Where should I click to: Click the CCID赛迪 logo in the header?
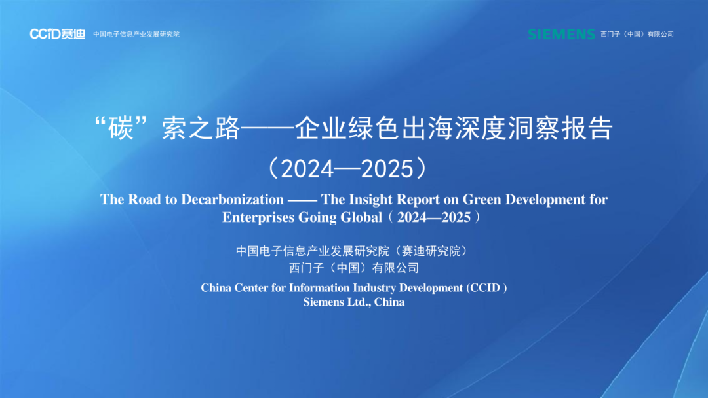pos(57,34)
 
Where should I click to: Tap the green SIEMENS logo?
pos(561,34)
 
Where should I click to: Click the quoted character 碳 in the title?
pos(121,128)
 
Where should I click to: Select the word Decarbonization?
pos(233,199)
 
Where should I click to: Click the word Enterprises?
pos(258,217)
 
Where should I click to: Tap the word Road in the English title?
pos(144,199)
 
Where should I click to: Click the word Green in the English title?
pos(482,199)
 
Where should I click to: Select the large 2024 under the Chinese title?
pos(307,169)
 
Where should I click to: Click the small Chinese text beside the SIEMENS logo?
pos(637,34)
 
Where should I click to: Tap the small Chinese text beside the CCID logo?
pos(136,34)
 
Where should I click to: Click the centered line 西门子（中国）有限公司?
pos(354,268)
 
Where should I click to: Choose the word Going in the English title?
pos(317,218)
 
